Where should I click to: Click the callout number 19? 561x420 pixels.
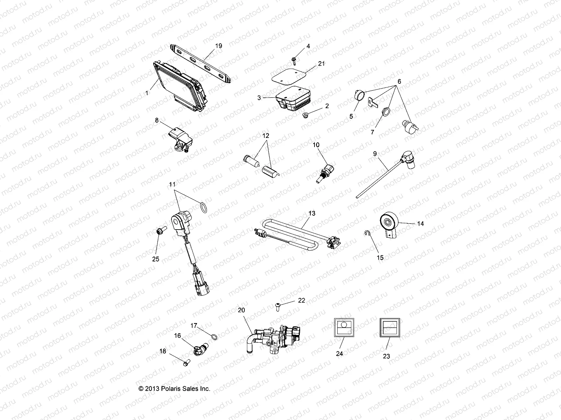[x=218, y=46]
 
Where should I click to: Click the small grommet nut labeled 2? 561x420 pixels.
[x=306, y=114]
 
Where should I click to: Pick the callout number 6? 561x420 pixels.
[x=399, y=81]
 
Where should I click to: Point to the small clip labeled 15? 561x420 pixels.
[x=366, y=234]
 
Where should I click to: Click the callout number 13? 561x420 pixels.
[x=312, y=213]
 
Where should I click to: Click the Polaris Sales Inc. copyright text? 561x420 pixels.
[x=174, y=388]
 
